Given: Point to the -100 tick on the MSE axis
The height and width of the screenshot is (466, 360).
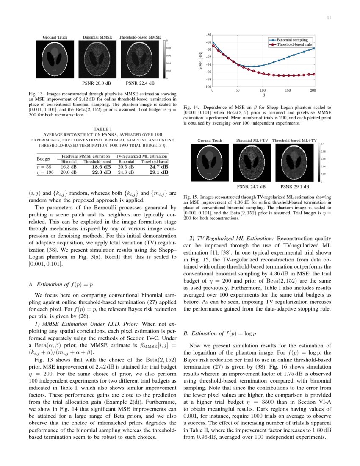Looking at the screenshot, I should tap(207, 87).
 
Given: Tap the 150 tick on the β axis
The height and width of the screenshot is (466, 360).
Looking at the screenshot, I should tap(288, 90).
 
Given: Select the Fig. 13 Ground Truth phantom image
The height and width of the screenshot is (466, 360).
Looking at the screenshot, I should tap(55, 59).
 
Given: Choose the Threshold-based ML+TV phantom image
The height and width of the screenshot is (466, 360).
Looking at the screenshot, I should tap(294, 163).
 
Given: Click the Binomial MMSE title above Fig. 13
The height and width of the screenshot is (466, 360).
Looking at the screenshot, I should tap(97, 37).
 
